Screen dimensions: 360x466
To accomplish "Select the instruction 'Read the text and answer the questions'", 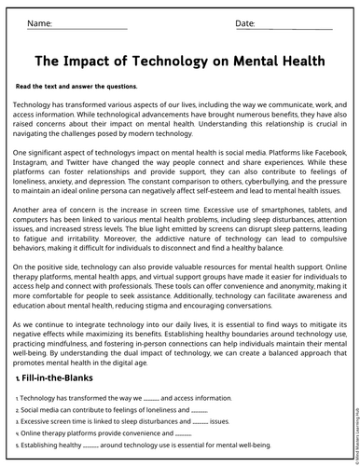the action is click(76, 86).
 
